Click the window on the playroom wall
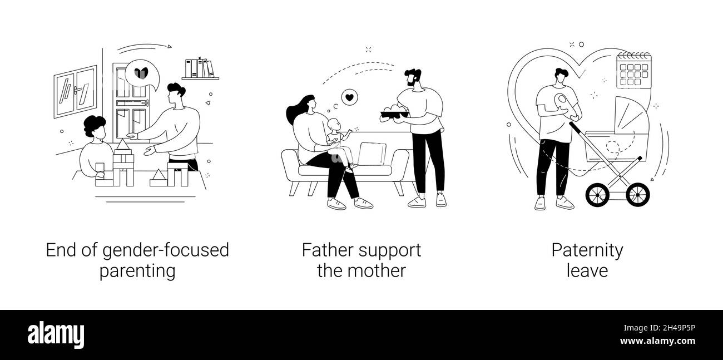point(75,92)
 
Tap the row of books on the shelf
point(200,68)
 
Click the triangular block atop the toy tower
point(123,147)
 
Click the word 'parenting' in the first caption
point(137,271)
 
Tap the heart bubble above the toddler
point(349,97)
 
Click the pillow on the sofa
point(372,154)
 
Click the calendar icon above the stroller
point(633,69)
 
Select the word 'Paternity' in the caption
point(587,250)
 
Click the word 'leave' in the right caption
point(587,271)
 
